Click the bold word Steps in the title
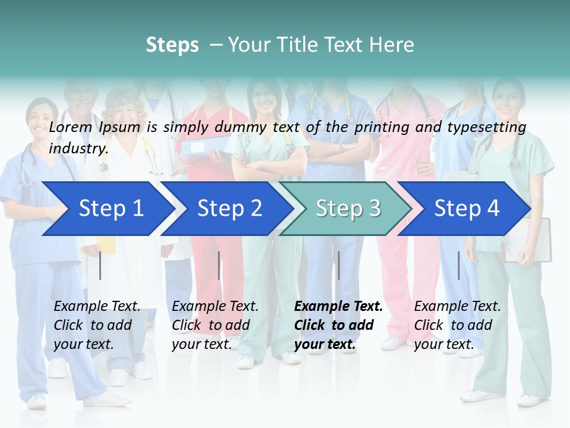[x=172, y=45]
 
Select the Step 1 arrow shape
[x=107, y=209]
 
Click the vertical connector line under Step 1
[x=100, y=265]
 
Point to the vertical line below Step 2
[x=219, y=265]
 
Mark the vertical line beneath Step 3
[x=338, y=265]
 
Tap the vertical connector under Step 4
[x=458, y=265]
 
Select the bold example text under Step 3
[x=338, y=325]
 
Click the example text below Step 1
[x=97, y=325]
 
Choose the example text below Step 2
[x=215, y=325]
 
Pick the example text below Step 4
[x=457, y=325]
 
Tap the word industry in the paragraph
[x=78, y=148]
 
